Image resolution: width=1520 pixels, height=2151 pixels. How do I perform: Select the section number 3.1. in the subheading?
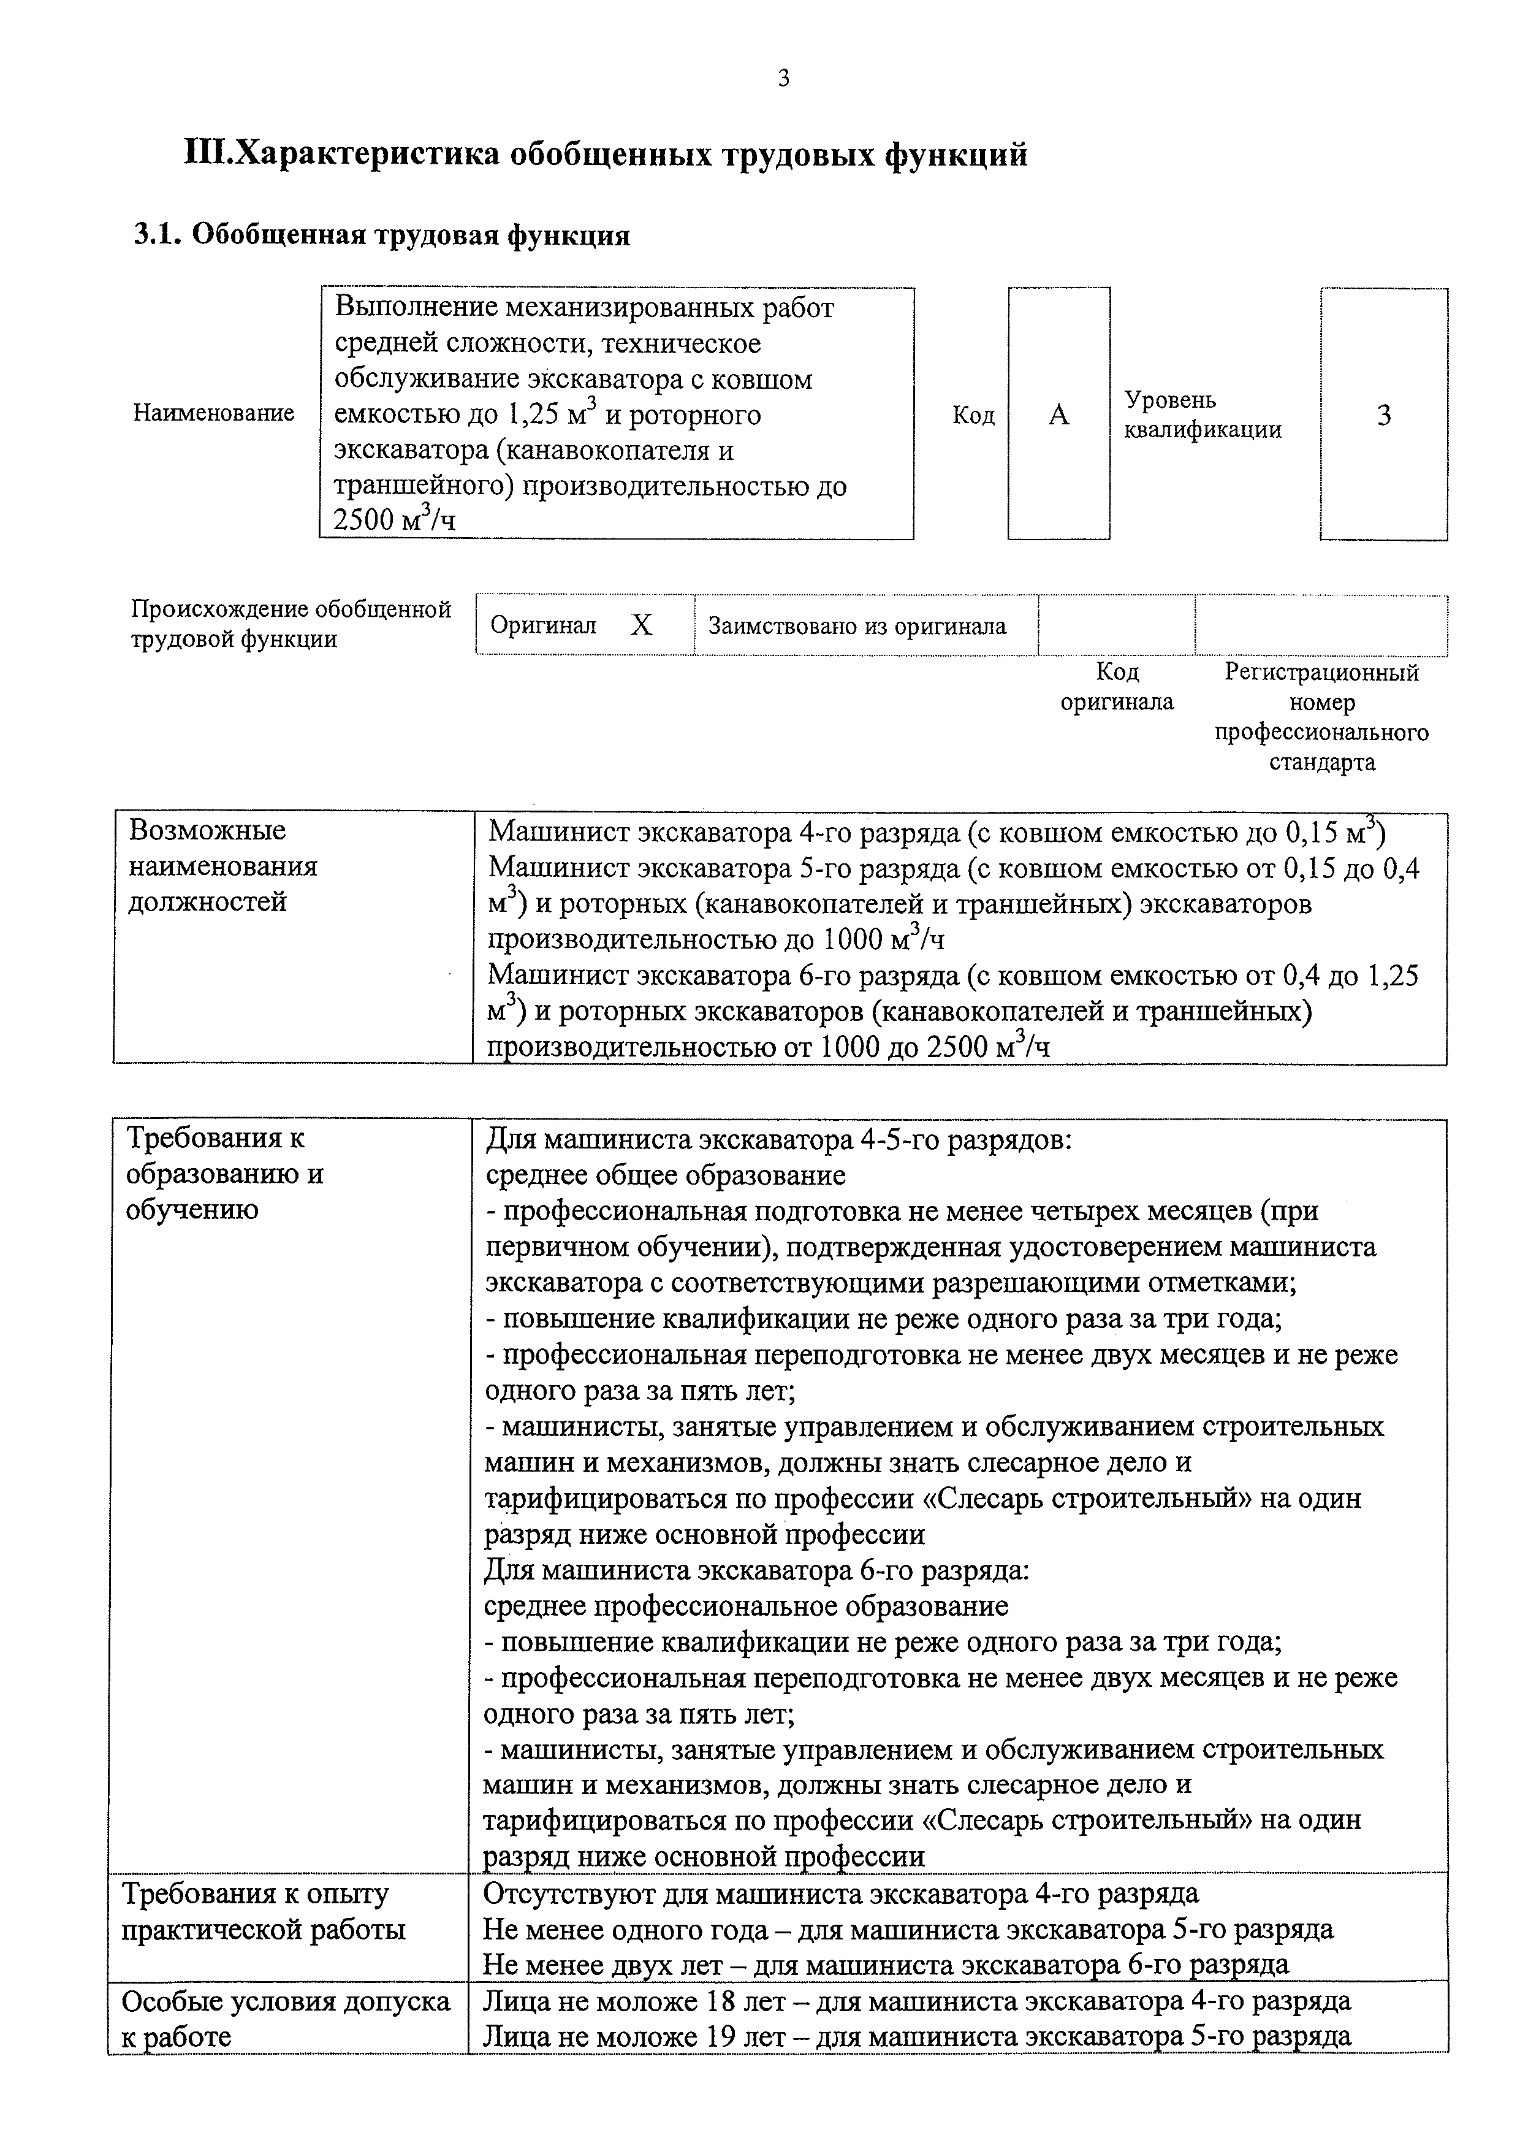pyautogui.click(x=159, y=234)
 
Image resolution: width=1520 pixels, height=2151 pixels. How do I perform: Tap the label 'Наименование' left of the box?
pyautogui.click(x=213, y=413)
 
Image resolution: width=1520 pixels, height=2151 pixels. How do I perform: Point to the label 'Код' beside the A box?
pyautogui.click(x=973, y=415)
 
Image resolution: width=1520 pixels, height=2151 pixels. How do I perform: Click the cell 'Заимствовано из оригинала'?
pyautogui.click(x=857, y=626)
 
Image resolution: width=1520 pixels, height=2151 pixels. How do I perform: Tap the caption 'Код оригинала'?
pyautogui.click(x=1116, y=687)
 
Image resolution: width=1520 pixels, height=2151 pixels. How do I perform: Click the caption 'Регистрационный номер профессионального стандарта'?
pyautogui.click(x=1321, y=717)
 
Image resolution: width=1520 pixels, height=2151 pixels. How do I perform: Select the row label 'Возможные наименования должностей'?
pyautogui.click(x=223, y=866)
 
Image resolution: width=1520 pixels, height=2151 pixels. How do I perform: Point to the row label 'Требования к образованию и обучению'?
pyautogui.click(x=225, y=1174)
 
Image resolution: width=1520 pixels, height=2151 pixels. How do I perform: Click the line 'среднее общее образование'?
pyautogui.click(x=666, y=1175)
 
